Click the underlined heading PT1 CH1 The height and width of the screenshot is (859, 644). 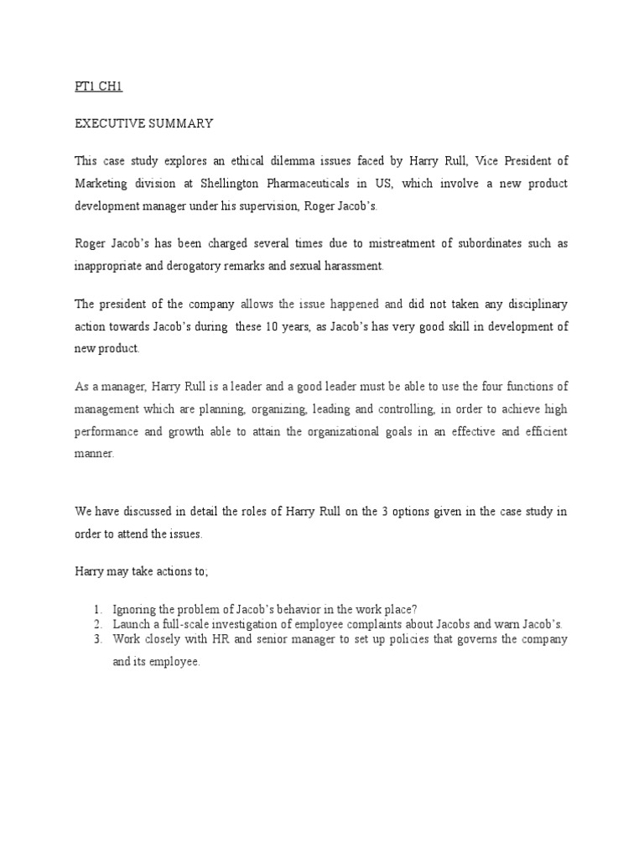pyautogui.click(x=99, y=86)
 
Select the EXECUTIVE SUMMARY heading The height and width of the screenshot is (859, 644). pyautogui.click(x=144, y=123)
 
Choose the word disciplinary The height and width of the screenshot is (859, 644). pyautogui.click(x=537, y=302)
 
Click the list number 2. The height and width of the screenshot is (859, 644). pyautogui.click(x=98, y=624)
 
